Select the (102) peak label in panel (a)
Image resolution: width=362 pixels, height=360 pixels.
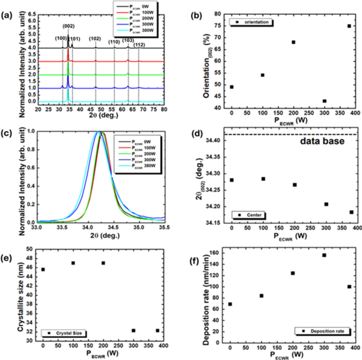[95, 39]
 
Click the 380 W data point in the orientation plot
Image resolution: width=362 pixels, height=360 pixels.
[349, 26]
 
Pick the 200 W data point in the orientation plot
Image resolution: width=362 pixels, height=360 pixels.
[293, 42]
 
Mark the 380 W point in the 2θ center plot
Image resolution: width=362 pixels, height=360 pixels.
[351, 212]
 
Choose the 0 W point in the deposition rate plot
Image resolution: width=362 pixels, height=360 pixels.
[230, 304]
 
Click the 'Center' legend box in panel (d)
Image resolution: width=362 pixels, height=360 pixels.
[250, 215]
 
